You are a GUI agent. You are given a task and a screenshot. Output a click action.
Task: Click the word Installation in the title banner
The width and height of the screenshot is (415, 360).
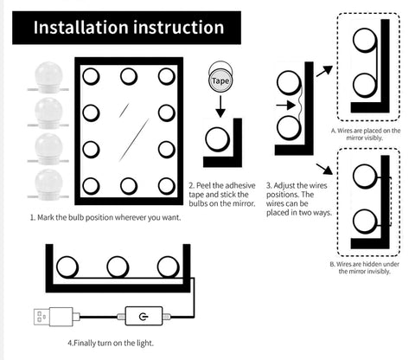point(80,28)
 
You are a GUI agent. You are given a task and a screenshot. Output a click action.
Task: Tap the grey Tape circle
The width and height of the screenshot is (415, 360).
point(220,80)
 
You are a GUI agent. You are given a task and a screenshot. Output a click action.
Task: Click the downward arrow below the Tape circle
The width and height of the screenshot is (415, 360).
point(220,106)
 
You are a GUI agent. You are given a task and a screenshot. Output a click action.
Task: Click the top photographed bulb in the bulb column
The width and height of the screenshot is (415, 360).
point(48,77)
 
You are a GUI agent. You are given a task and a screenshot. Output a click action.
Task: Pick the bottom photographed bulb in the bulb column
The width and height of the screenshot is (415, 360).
point(48,184)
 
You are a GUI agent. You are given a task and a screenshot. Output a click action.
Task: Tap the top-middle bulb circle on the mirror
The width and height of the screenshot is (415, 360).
point(129,76)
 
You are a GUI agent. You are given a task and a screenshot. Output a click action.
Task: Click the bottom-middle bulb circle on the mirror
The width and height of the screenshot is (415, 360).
point(129,186)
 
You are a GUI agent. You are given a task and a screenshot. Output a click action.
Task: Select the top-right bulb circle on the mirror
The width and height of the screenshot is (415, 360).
point(167,76)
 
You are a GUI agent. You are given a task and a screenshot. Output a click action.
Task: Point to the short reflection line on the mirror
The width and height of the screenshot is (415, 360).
point(124,110)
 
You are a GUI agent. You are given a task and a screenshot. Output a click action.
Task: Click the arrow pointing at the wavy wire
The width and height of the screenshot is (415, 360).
point(285,106)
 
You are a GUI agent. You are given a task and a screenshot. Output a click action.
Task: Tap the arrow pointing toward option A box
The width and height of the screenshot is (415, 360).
point(324,71)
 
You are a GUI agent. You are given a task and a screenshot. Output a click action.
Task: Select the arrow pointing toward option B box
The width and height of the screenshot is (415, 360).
point(324,169)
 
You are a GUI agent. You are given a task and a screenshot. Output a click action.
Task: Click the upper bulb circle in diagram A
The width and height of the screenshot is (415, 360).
point(365,40)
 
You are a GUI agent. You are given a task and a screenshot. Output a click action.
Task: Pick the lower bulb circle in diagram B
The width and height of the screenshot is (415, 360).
point(365,222)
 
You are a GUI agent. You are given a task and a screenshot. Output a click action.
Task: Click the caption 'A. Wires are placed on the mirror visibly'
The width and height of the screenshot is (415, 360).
point(365,134)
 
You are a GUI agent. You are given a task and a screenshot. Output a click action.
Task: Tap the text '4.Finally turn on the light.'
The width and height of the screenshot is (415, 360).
point(111,343)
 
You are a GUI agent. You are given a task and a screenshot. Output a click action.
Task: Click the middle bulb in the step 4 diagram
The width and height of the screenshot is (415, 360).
point(118,267)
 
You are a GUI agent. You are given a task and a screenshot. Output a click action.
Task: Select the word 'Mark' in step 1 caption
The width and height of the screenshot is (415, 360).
point(45,217)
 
